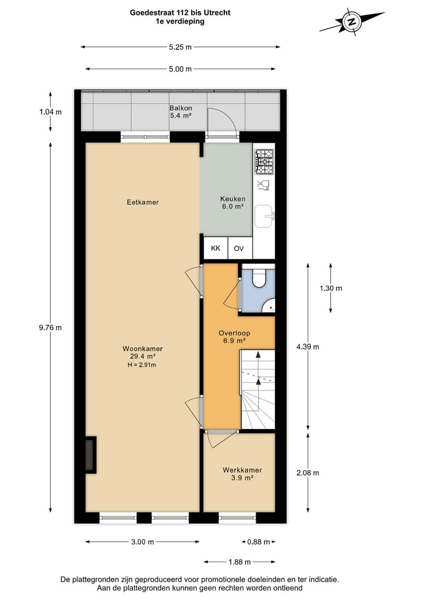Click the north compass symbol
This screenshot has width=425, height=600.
point(352,22)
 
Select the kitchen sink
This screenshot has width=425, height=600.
point(264,217)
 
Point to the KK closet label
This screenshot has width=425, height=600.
point(215,248)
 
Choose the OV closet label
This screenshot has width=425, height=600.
point(238,248)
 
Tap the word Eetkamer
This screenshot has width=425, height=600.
point(143,202)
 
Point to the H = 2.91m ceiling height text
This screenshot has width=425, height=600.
point(142,365)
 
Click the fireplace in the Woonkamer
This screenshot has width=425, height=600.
point(90,455)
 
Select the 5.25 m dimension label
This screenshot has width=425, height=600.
point(180,47)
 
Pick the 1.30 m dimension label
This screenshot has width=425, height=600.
point(331,288)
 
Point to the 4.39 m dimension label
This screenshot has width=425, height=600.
point(308,347)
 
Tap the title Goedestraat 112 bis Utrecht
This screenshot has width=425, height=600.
point(180,12)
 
